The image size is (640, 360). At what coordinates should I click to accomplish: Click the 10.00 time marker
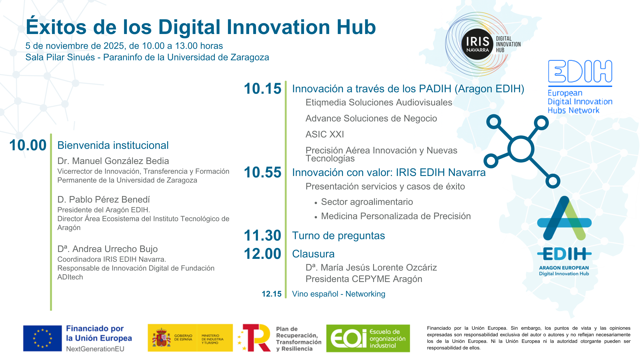tap(28, 145)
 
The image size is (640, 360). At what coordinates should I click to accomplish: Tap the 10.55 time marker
tap(263, 172)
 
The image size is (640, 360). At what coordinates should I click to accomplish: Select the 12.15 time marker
tap(271, 294)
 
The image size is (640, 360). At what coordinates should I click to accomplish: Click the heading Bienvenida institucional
tap(113, 145)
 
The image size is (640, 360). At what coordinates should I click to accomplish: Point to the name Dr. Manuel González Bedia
tap(113, 161)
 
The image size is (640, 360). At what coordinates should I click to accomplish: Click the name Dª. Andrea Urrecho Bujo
tap(107, 249)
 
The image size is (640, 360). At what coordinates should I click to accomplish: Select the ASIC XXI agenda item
tap(325, 134)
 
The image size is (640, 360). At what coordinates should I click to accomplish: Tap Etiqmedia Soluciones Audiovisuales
tap(379, 102)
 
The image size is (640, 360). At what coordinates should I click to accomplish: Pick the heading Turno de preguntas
tap(338, 236)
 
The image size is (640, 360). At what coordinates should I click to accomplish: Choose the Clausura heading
tap(313, 254)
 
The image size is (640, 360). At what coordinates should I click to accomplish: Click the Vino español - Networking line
tap(339, 294)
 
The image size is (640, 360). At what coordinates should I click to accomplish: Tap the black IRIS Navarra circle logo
tap(477, 44)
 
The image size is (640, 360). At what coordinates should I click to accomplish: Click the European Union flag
tap(43, 338)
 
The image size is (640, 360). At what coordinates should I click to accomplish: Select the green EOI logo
tap(368, 338)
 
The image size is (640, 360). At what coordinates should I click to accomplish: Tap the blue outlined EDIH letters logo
tap(580, 71)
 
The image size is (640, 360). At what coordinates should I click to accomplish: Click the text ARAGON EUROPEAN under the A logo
tap(564, 268)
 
